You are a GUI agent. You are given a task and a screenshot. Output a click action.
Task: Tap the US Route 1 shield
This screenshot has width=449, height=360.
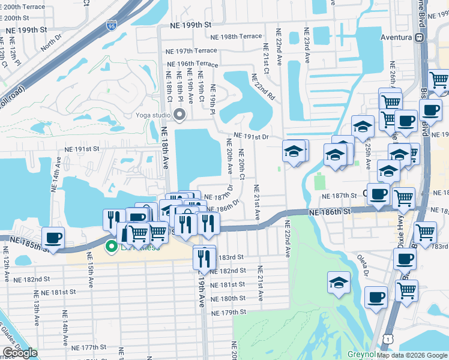click(389, 339)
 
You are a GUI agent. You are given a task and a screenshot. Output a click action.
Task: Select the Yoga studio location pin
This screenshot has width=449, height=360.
click(179, 115)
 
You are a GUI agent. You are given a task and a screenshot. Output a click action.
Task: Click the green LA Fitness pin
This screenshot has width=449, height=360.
click(111, 246)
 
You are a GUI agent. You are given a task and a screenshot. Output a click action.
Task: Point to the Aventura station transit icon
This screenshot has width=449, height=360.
click(420, 37)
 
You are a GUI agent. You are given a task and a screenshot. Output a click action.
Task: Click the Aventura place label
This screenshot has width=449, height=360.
click(396, 37)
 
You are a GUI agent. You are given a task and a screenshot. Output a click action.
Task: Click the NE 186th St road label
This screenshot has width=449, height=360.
click(330, 212)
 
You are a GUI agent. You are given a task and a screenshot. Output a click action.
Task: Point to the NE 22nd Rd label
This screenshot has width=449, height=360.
click(262, 87)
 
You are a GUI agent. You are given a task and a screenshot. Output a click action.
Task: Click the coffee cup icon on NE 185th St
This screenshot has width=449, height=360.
click(53, 238)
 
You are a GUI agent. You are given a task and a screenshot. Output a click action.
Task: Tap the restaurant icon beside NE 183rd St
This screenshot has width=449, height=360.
click(204, 257)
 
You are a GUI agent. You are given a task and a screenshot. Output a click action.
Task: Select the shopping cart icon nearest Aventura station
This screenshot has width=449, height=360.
click(439, 79)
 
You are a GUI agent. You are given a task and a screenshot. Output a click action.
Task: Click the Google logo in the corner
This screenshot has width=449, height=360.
click(20, 353)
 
